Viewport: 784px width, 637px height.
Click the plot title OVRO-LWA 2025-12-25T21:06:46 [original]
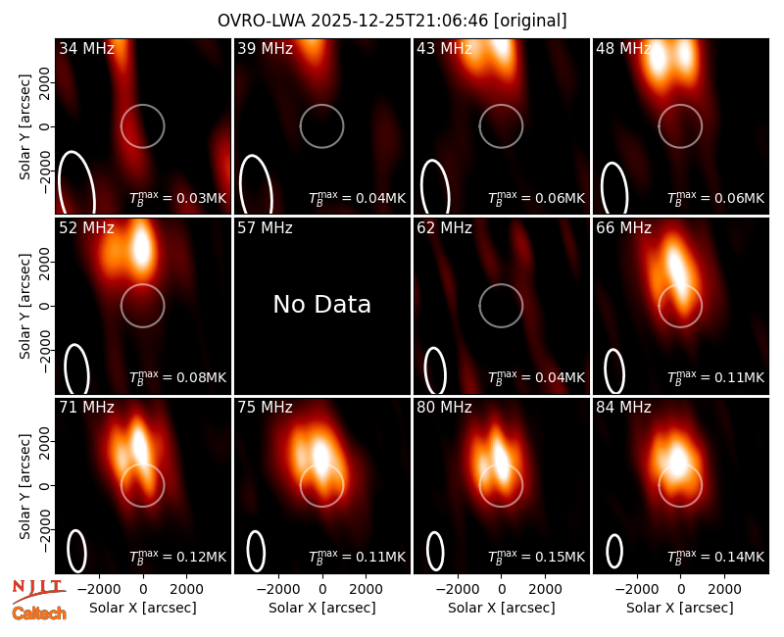tap(392, 21)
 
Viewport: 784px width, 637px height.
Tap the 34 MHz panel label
tap(86, 48)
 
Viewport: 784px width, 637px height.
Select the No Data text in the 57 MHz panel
tap(322, 304)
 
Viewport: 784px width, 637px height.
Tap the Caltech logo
tap(39, 613)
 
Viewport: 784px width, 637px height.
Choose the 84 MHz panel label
tap(623, 408)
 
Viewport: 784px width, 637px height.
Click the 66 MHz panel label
tap(623, 228)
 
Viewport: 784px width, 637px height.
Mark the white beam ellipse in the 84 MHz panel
tap(607, 551)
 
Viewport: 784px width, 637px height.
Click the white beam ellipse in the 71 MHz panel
tap(68, 551)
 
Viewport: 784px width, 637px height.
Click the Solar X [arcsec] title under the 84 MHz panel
tap(680, 608)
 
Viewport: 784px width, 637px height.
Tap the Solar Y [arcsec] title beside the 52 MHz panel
tap(24, 306)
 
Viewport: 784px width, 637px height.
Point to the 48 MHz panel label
tap(623, 48)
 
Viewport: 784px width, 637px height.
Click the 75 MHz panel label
tap(265, 408)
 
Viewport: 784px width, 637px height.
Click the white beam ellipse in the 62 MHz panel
tap(425, 370)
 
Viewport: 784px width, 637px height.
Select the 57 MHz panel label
tap(265, 228)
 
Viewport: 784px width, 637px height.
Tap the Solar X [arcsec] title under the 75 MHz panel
tap(322, 608)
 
